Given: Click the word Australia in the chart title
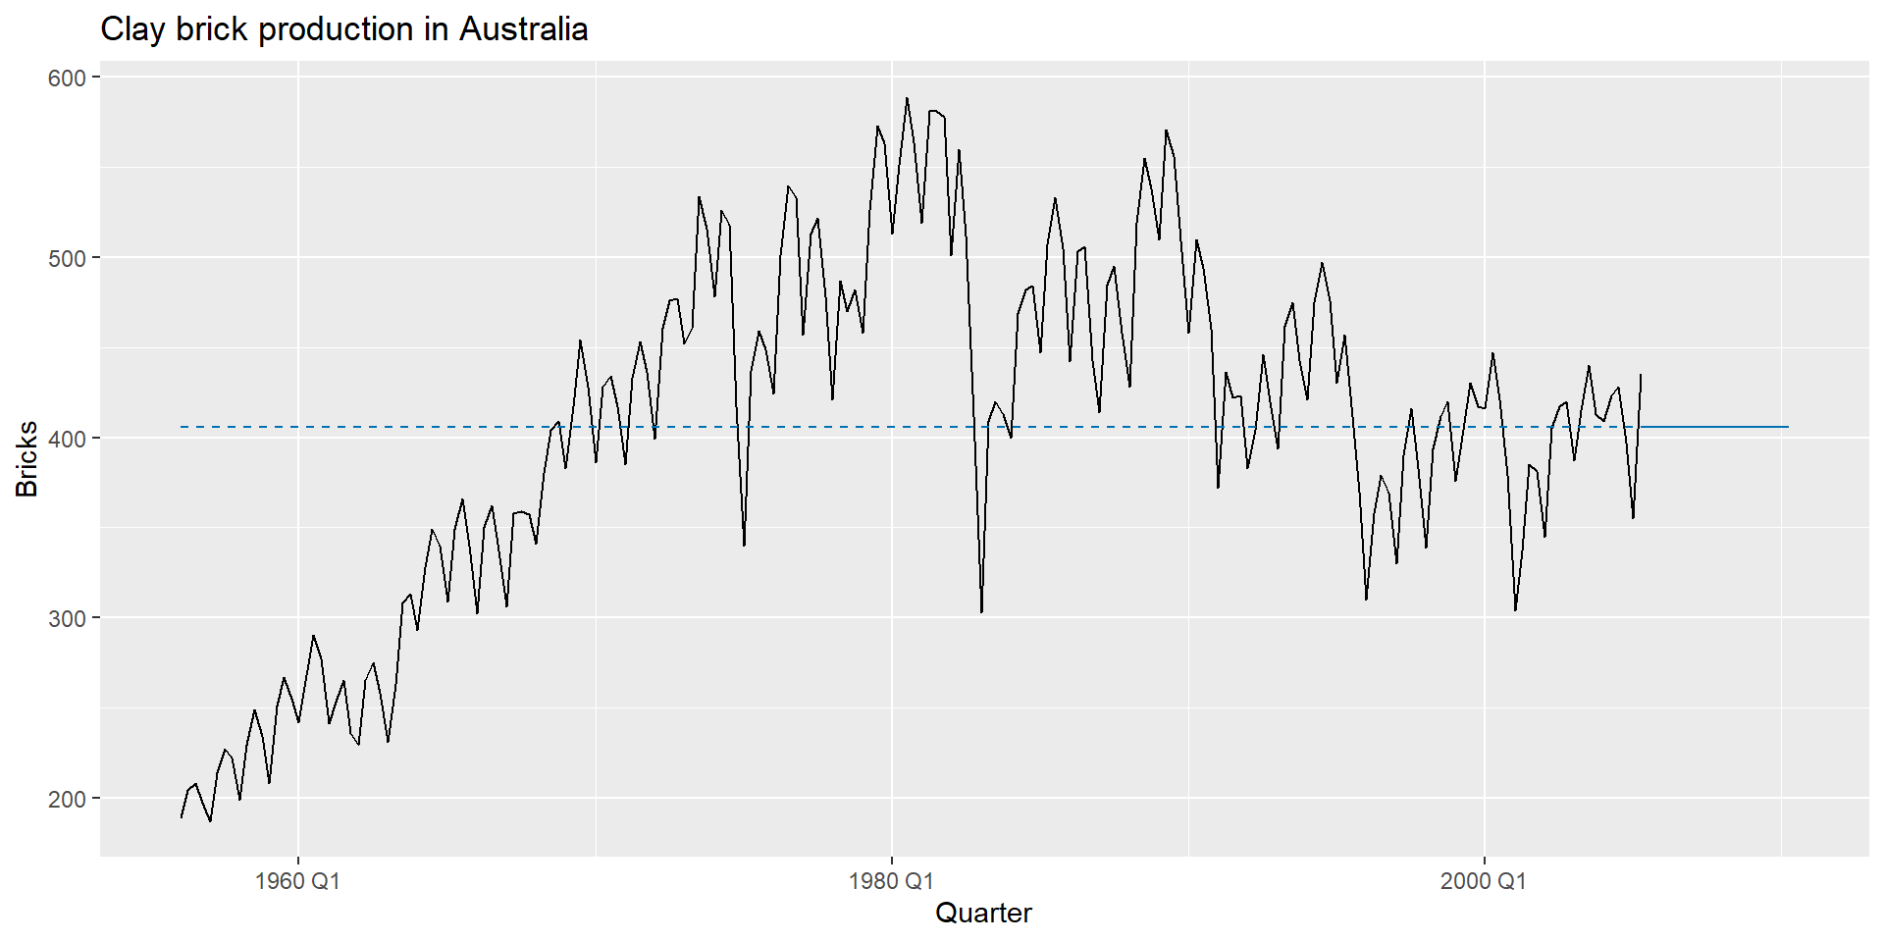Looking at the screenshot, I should pyautogui.click(x=523, y=29).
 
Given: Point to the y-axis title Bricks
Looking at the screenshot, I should pyautogui.click(x=27, y=459).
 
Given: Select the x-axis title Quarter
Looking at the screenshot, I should pyautogui.click(x=983, y=914).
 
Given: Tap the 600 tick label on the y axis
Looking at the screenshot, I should pyautogui.click(x=69, y=78).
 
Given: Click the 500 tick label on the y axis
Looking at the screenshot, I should pyautogui.click(x=69, y=258).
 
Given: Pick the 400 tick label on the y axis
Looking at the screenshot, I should pyautogui.click(x=69, y=438).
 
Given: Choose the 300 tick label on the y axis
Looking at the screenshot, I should pyautogui.click(x=69, y=618).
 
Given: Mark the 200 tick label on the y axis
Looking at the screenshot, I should pyautogui.click(x=69, y=799).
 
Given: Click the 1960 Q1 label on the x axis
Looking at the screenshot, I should pyautogui.click(x=297, y=881).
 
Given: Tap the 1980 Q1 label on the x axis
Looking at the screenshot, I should pyautogui.click(x=891, y=881).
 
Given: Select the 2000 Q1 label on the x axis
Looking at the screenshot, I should pyautogui.click(x=1484, y=881).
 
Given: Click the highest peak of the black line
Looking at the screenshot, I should pyautogui.click(x=907, y=98).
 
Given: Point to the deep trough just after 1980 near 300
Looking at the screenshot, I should pyautogui.click(x=981, y=612).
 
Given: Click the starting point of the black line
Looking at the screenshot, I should pyautogui.click(x=182, y=816).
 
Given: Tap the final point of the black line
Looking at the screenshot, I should pyautogui.click(x=1641, y=375).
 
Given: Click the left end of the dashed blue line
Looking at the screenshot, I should pyautogui.click(x=183, y=427).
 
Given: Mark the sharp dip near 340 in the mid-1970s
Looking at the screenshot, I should pyautogui.click(x=744, y=545).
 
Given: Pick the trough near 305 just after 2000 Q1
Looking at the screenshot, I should pyautogui.click(x=1515, y=609).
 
